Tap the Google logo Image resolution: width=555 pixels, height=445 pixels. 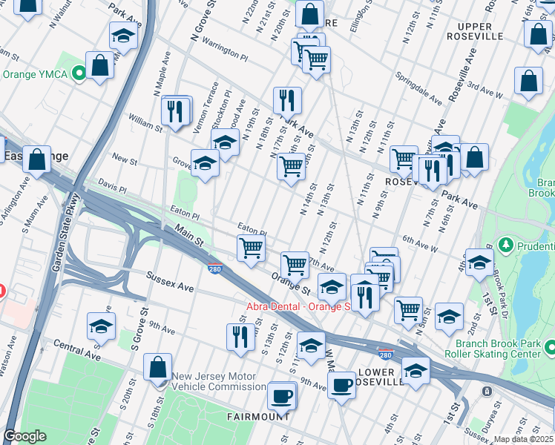point(24,436)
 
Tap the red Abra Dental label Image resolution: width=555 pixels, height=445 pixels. point(297,306)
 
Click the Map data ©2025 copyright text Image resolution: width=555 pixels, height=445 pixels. point(523,439)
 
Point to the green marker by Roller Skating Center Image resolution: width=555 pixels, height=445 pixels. point(549,347)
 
